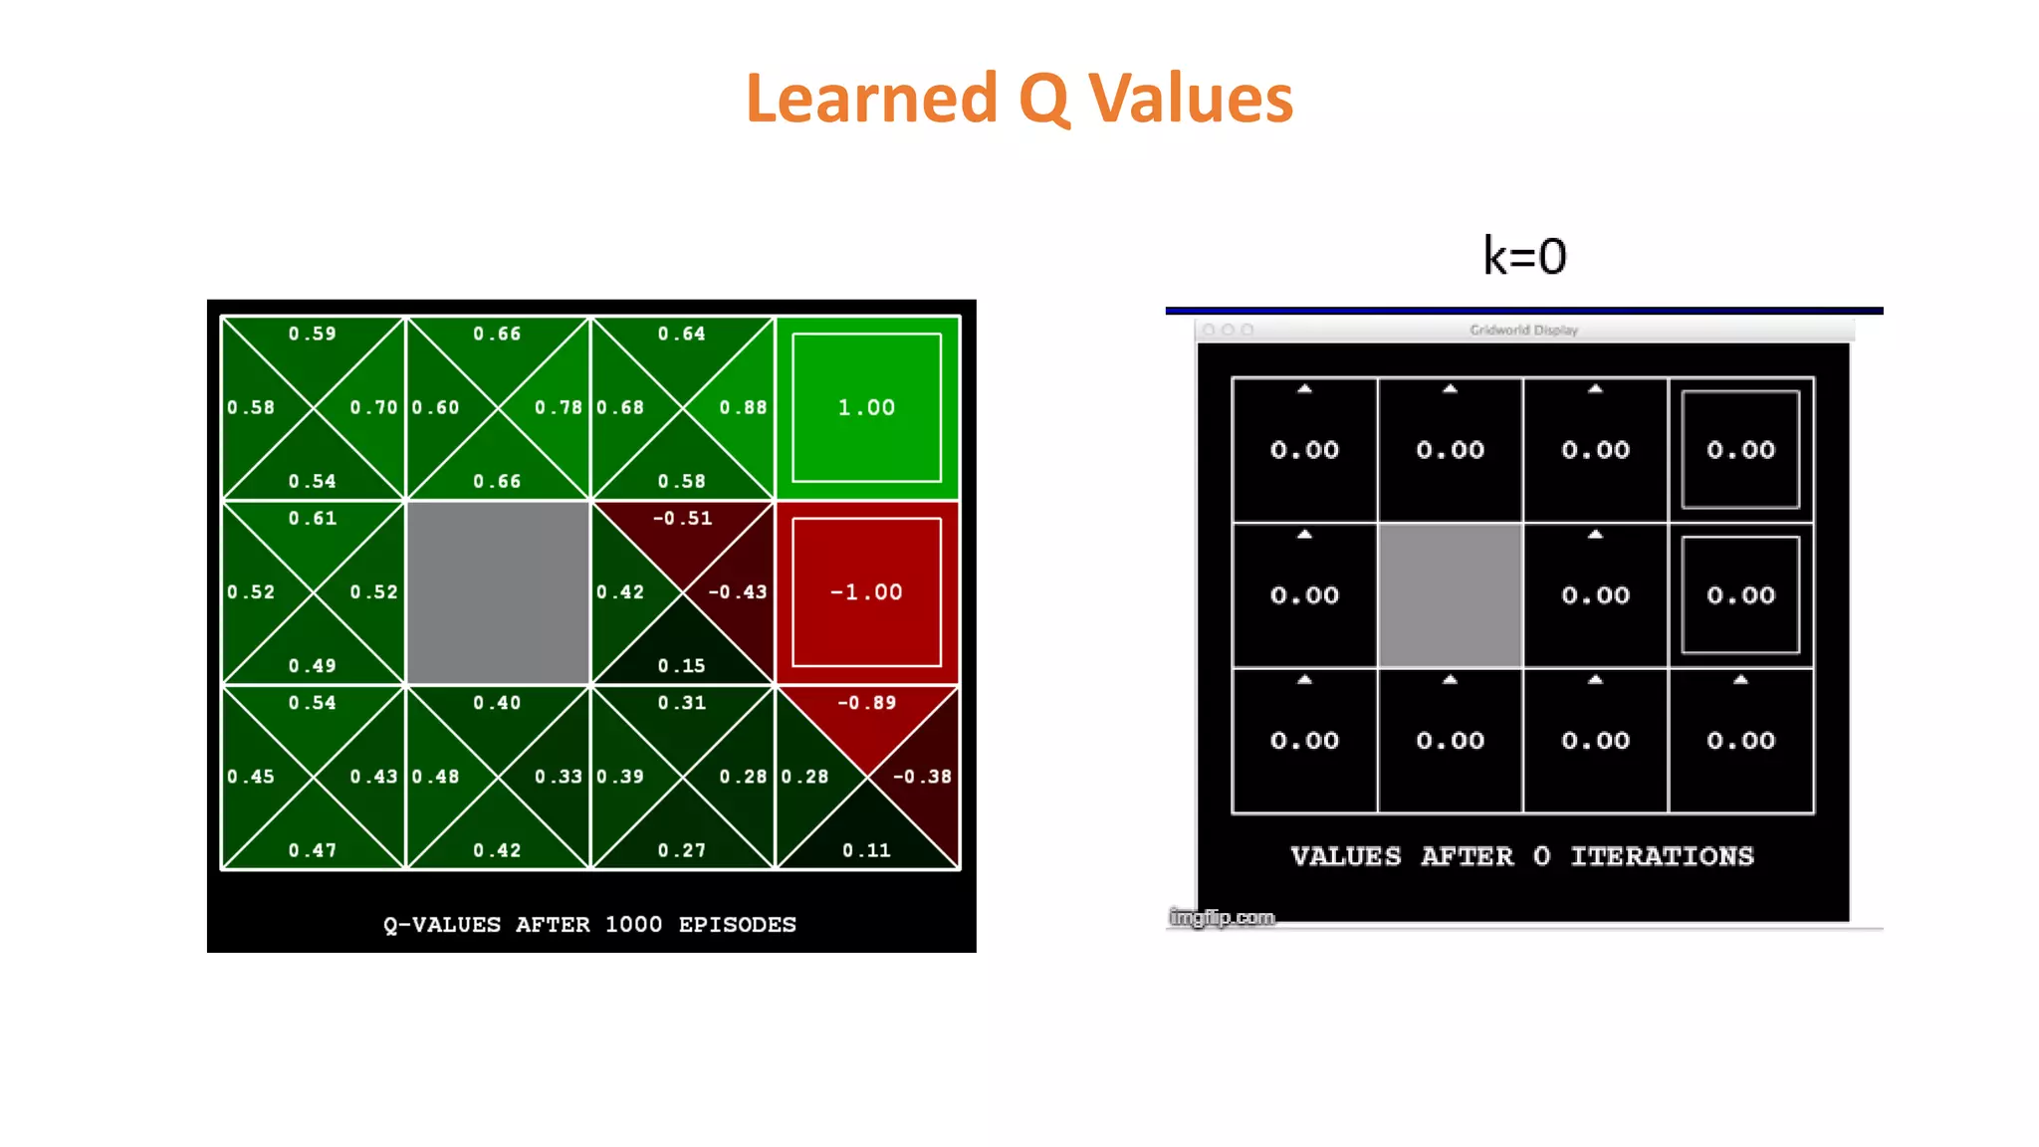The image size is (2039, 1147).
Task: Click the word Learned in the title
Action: pos(871,99)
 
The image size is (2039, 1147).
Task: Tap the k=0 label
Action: pos(1524,256)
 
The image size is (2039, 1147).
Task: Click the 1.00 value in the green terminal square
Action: pos(866,407)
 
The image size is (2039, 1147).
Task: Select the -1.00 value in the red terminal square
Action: pos(866,592)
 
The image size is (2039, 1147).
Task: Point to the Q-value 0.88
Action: pos(743,407)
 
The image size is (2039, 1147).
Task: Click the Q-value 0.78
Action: pos(559,407)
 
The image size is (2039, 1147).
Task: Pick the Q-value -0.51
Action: pos(682,519)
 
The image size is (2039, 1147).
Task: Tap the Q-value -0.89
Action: pos(866,703)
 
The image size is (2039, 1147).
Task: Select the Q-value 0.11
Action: pos(866,850)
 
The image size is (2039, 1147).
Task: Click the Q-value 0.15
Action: pos(682,666)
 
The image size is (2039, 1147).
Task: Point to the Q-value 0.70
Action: pos(373,407)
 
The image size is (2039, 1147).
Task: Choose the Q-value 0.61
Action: pos(313,519)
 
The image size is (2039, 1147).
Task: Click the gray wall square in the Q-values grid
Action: pos(498,592)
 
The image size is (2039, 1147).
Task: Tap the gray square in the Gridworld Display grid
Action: pos(1450,595)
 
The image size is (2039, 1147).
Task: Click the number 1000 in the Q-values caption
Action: pos(633,925)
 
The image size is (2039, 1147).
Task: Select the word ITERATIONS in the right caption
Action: pos(1662,856)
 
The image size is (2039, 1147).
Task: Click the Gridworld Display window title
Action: pos(1523,330)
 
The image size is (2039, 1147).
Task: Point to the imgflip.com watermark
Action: pos(1222,917)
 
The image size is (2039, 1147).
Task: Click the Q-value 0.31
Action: pos(682,703)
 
